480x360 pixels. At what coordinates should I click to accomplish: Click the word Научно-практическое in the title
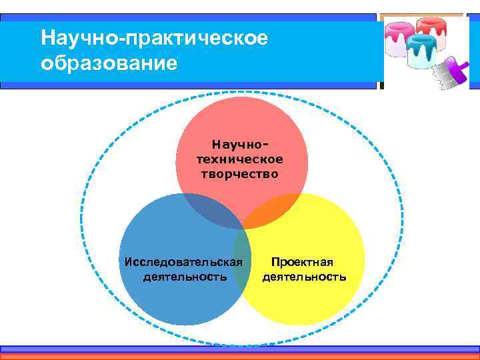click(x=154, y=38)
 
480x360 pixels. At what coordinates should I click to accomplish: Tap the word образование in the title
click(x=109, y=63)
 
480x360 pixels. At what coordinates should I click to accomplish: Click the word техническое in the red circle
click(x=240, y=159)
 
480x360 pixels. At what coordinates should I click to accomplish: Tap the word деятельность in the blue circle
click(x=185, y=276)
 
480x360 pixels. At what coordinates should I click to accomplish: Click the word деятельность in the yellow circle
click(x=304, y=276)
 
